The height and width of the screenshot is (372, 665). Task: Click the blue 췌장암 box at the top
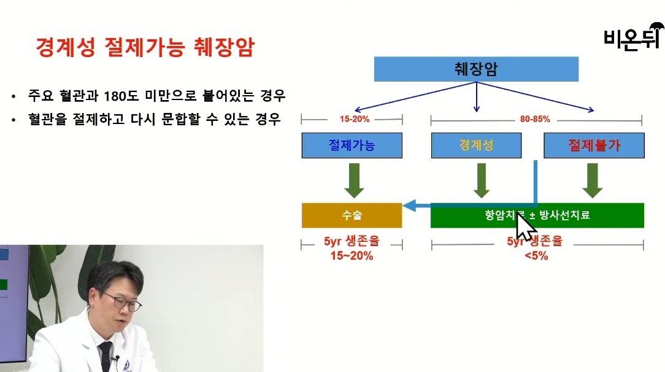point(476,69)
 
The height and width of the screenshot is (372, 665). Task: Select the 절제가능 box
point(352,145)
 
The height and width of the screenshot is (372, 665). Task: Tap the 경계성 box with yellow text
point(476,145)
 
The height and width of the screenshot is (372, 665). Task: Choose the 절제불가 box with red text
point(594,145)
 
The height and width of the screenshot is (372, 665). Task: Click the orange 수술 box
point(352,215)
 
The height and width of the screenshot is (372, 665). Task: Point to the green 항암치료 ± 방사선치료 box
point(537,215)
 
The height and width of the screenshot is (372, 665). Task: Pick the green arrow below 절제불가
point(593,180)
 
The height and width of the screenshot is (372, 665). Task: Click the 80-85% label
point(535,119)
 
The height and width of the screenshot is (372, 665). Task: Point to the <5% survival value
point(536,256)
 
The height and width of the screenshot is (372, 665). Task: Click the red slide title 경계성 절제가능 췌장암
point(145,48)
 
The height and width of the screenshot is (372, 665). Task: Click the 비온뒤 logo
point(632,38)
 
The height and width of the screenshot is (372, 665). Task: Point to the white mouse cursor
point(524,226)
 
